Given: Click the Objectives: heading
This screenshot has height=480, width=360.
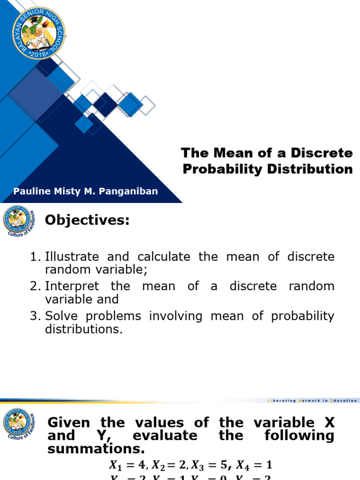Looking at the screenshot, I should click(87, 220).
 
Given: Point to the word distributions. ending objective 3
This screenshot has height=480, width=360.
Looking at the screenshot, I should click(83, 329).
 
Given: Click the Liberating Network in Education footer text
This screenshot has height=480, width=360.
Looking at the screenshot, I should click(312, 401).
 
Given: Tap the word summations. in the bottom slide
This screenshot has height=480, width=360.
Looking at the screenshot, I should click(96, 449).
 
